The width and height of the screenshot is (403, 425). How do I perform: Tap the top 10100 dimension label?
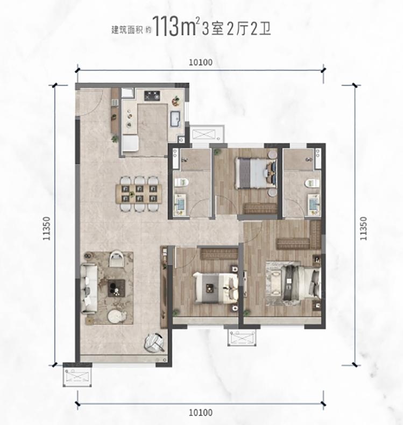201,62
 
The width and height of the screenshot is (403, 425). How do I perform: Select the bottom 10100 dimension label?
201,413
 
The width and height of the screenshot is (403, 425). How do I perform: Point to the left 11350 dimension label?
46,228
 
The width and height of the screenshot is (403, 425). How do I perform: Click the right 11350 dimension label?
363,228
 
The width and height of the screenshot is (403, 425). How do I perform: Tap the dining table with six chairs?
139,194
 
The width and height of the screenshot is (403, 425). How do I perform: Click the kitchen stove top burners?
152,96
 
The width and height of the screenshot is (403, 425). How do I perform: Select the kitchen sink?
176,119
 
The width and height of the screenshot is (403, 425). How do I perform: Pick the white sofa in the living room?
89,288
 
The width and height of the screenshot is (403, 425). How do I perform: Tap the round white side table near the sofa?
117,316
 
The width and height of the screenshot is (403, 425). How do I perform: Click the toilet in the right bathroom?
312,183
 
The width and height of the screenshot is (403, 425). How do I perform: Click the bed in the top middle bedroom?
256,173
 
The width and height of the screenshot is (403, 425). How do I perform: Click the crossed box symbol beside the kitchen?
207,134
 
